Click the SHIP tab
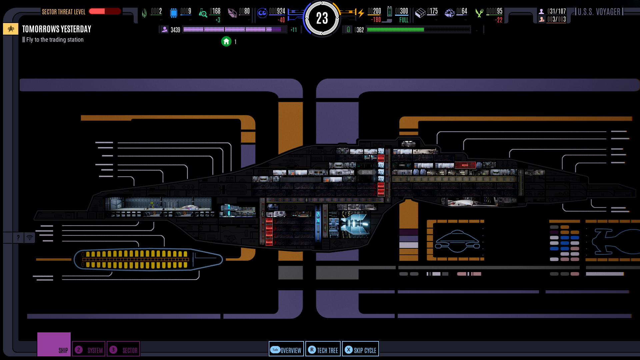pyautogui.click(x=54, y=345)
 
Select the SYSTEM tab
pyautogui.click(x=89, y=349)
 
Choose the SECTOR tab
pyautogui.click(x=123, y=349)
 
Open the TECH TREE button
pyautogui.click(x=323, y=349)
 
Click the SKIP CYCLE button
pyautogui.click(x=360, y=349)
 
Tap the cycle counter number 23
pyautogui.click(x=322, y=18)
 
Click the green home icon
pyautogui.click(x=226, y=42)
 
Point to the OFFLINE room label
pyautogui.click(x=367, y=172)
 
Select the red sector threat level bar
pyautogui.click(x=105, y=11)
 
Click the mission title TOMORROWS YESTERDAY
pyautogui.click(x=57, y=29)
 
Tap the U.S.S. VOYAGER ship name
pyautogui.click(x=599, y=12)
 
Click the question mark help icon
pyautogui.click(x=18, y=238)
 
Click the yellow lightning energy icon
pyautogui.click(x=361, y=13)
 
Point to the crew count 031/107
pyautogui.click(x=556, y=11)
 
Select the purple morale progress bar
pyautogui.click(x=234, y=30)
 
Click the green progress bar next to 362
pyautogui.click(x=418, y=30)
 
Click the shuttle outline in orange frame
pyautogui.click(x=457, y=241)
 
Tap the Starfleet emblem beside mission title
pyautogui.click(x=11, y=29)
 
